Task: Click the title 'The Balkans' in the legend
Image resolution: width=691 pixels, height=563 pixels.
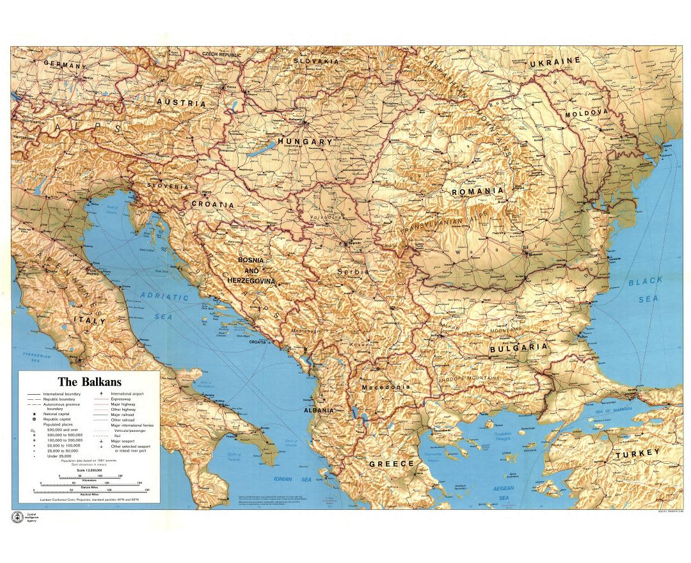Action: tap(89, 382)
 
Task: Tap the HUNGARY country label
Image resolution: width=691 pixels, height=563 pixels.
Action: tap(305, 141)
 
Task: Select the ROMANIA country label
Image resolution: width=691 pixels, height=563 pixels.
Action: tap(477, 191)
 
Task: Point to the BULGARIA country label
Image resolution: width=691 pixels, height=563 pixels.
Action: tap(519, 349)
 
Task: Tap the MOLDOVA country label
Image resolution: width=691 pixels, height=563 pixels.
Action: tap(585, 113)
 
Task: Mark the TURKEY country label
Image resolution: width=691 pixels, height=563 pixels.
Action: tap(637, 455)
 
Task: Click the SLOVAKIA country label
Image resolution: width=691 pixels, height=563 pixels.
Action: tap(316, 61)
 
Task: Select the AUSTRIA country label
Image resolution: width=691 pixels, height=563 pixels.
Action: tap(182, 102)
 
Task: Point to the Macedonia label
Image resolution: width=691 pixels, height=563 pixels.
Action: tap(385, 388)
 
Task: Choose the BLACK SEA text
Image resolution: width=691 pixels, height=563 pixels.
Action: tap(645, 290)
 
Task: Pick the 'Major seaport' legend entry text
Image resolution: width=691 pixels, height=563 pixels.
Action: tap(125, 441)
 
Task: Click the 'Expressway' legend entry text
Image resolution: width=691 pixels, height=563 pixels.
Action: tap(122, 399)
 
